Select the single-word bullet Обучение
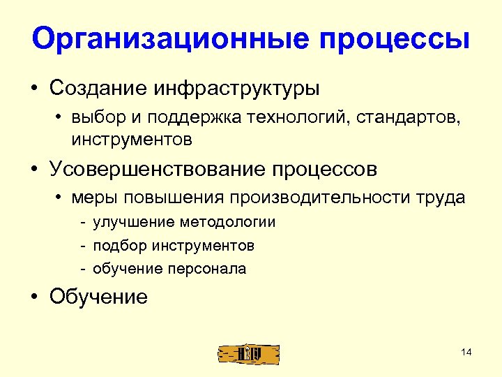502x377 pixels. pos(98,297)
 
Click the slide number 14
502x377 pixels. pos(466,352)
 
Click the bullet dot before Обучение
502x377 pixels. pos(33,297)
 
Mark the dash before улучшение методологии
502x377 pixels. pos(82,223)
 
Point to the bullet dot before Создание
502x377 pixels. pos(33,90)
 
